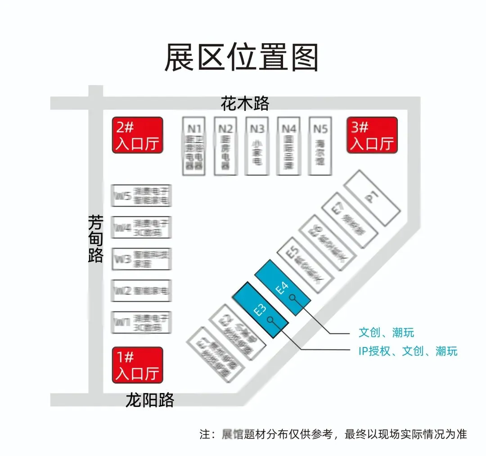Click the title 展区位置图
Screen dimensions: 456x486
(x=242, y=58)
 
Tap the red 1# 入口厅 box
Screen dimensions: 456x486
(x=137, y=365)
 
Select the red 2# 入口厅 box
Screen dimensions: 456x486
(x=137, y=135)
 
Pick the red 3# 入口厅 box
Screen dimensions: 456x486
(x=372, y=135)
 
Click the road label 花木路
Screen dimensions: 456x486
(x=245, y=104)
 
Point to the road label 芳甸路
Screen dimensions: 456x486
(x=95, y=239)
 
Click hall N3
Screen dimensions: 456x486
(x=256, y=146)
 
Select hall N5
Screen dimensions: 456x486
(x=320, y=146)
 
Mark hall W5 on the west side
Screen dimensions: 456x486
(x=141, y=195)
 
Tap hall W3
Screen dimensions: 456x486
(x=141, y=259)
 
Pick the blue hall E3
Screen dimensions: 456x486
(x=260, y=310)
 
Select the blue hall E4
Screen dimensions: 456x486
(x=283, y=287)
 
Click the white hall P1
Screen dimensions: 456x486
(x=372, y=197)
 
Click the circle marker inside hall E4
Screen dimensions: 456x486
(x=292, y=297)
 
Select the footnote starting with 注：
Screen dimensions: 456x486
(x=333, y=434)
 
